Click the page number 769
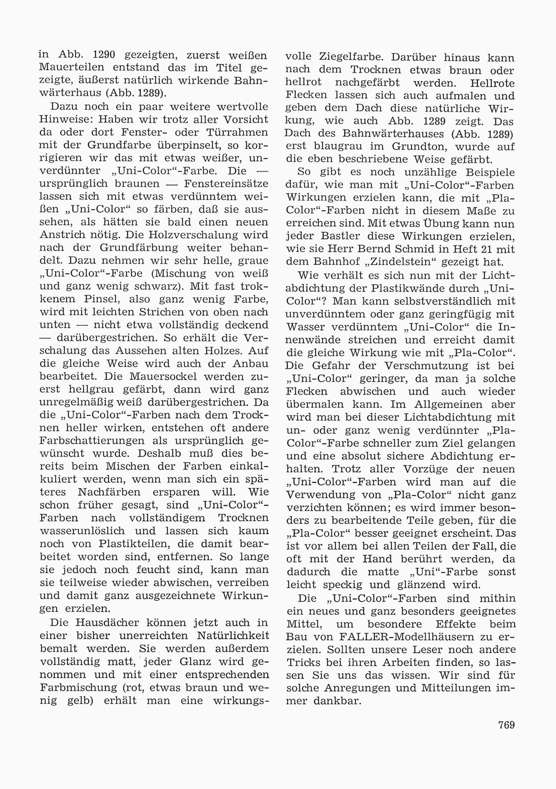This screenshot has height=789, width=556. tap(506, 725)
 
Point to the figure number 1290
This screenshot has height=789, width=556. tap(108, 56)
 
